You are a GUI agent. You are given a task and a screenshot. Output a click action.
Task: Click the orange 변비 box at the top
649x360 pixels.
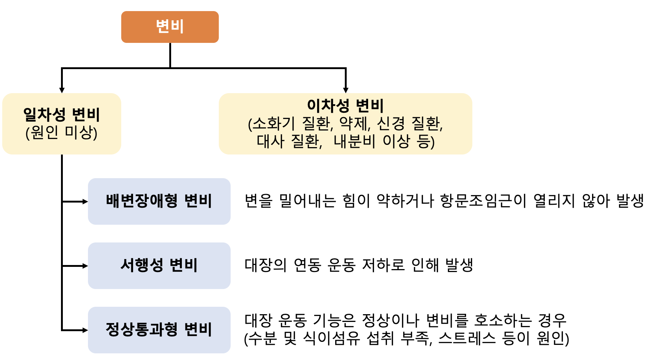(170, 27)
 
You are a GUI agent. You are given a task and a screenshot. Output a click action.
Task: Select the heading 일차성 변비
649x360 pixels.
(62, 114)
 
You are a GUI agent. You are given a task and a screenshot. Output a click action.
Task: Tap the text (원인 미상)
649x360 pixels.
(61, 132)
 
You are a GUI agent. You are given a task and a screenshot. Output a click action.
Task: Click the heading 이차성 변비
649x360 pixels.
(346, 105)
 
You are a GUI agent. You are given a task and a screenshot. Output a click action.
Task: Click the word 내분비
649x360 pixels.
(354, 141)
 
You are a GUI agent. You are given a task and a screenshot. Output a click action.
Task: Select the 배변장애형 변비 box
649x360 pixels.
(159, 201)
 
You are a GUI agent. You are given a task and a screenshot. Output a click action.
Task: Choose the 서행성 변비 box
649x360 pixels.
(159, 266)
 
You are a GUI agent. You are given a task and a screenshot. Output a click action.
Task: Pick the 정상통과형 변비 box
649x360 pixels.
(159, 330)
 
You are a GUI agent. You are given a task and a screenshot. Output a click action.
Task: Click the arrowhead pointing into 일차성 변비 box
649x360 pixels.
(62, 90)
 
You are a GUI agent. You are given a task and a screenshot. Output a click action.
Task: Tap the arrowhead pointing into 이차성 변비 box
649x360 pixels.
(346, 90)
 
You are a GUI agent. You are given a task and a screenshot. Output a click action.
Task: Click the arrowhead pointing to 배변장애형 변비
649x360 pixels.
(85, 201)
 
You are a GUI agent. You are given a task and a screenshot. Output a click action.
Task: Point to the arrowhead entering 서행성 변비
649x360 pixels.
(85, 266)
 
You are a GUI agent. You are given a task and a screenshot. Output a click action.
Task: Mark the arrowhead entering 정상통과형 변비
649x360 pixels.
(85, 330)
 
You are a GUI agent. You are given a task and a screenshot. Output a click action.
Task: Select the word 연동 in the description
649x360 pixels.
(307, 265)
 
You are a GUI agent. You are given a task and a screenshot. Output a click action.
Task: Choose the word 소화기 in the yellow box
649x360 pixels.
(274, 123)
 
